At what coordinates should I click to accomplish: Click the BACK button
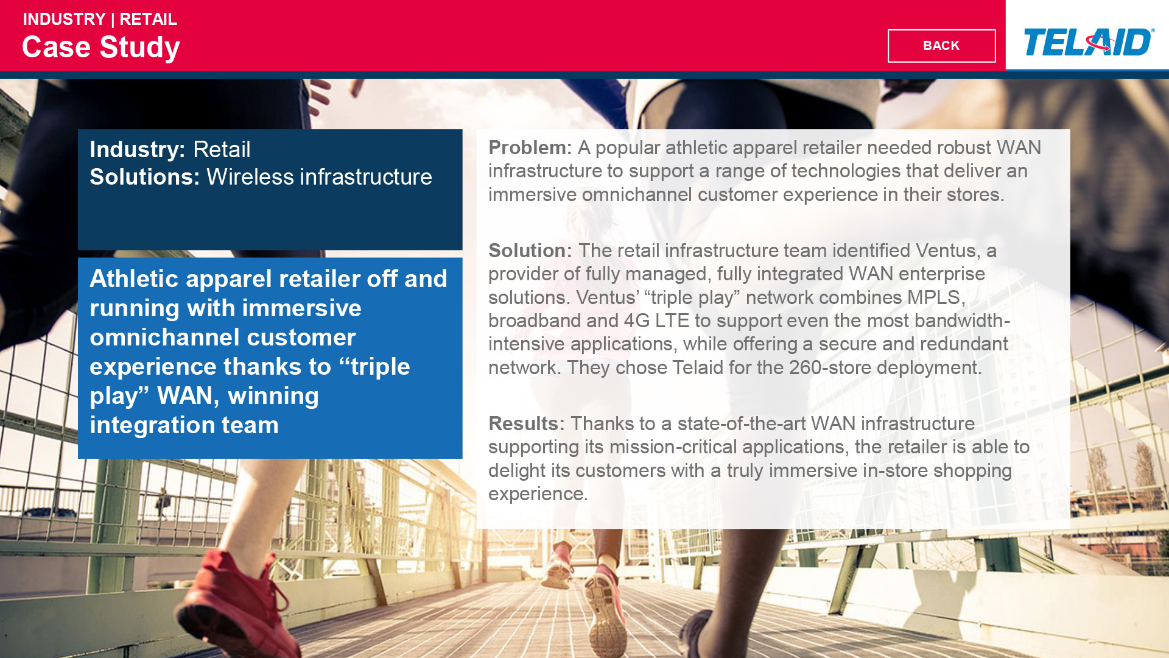(x=941, y=46)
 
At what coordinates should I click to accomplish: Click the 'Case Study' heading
(x=101, y=48)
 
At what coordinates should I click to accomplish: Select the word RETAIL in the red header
(x=148, y=19)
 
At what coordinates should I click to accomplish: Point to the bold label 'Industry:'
(x=138, y=149)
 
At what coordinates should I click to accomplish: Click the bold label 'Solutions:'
(x=145, y=177)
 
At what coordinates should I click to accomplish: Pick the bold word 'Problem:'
(x=530, y=147)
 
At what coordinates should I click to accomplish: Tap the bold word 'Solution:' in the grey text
(x=530, y=250)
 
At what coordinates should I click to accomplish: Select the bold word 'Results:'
(x=527, y=423)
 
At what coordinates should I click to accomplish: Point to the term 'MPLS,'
(x=936, y=297)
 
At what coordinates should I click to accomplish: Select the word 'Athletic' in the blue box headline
(x=134, y=278)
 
